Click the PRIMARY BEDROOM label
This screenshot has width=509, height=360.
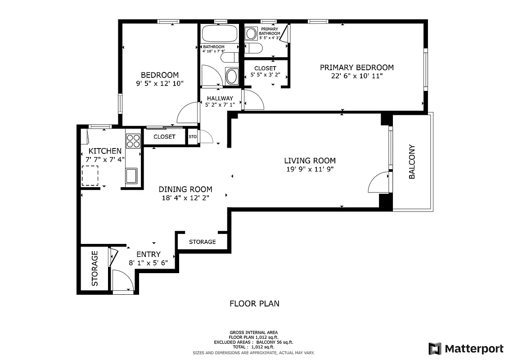point(356,67)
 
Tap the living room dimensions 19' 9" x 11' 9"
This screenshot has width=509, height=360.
point(310,169)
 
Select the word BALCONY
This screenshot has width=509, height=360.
point(412,162)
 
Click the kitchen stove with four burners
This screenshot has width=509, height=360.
point(133,141)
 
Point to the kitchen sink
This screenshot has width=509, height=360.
point(131,175)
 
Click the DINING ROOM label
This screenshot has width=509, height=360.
point(185,189)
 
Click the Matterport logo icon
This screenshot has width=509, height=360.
point(435,348)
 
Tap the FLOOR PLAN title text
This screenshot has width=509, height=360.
point(254,303)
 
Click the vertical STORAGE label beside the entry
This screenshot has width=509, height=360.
point(95,269)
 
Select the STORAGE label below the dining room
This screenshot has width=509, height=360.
point(202,242)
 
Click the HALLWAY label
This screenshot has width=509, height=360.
point(220,98)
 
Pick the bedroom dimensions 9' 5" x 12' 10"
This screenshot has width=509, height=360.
point(159,83)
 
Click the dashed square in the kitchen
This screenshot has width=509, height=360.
point(90,175)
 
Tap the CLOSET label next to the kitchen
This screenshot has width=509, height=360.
point(164,137)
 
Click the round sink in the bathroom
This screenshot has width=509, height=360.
point(231,76)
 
